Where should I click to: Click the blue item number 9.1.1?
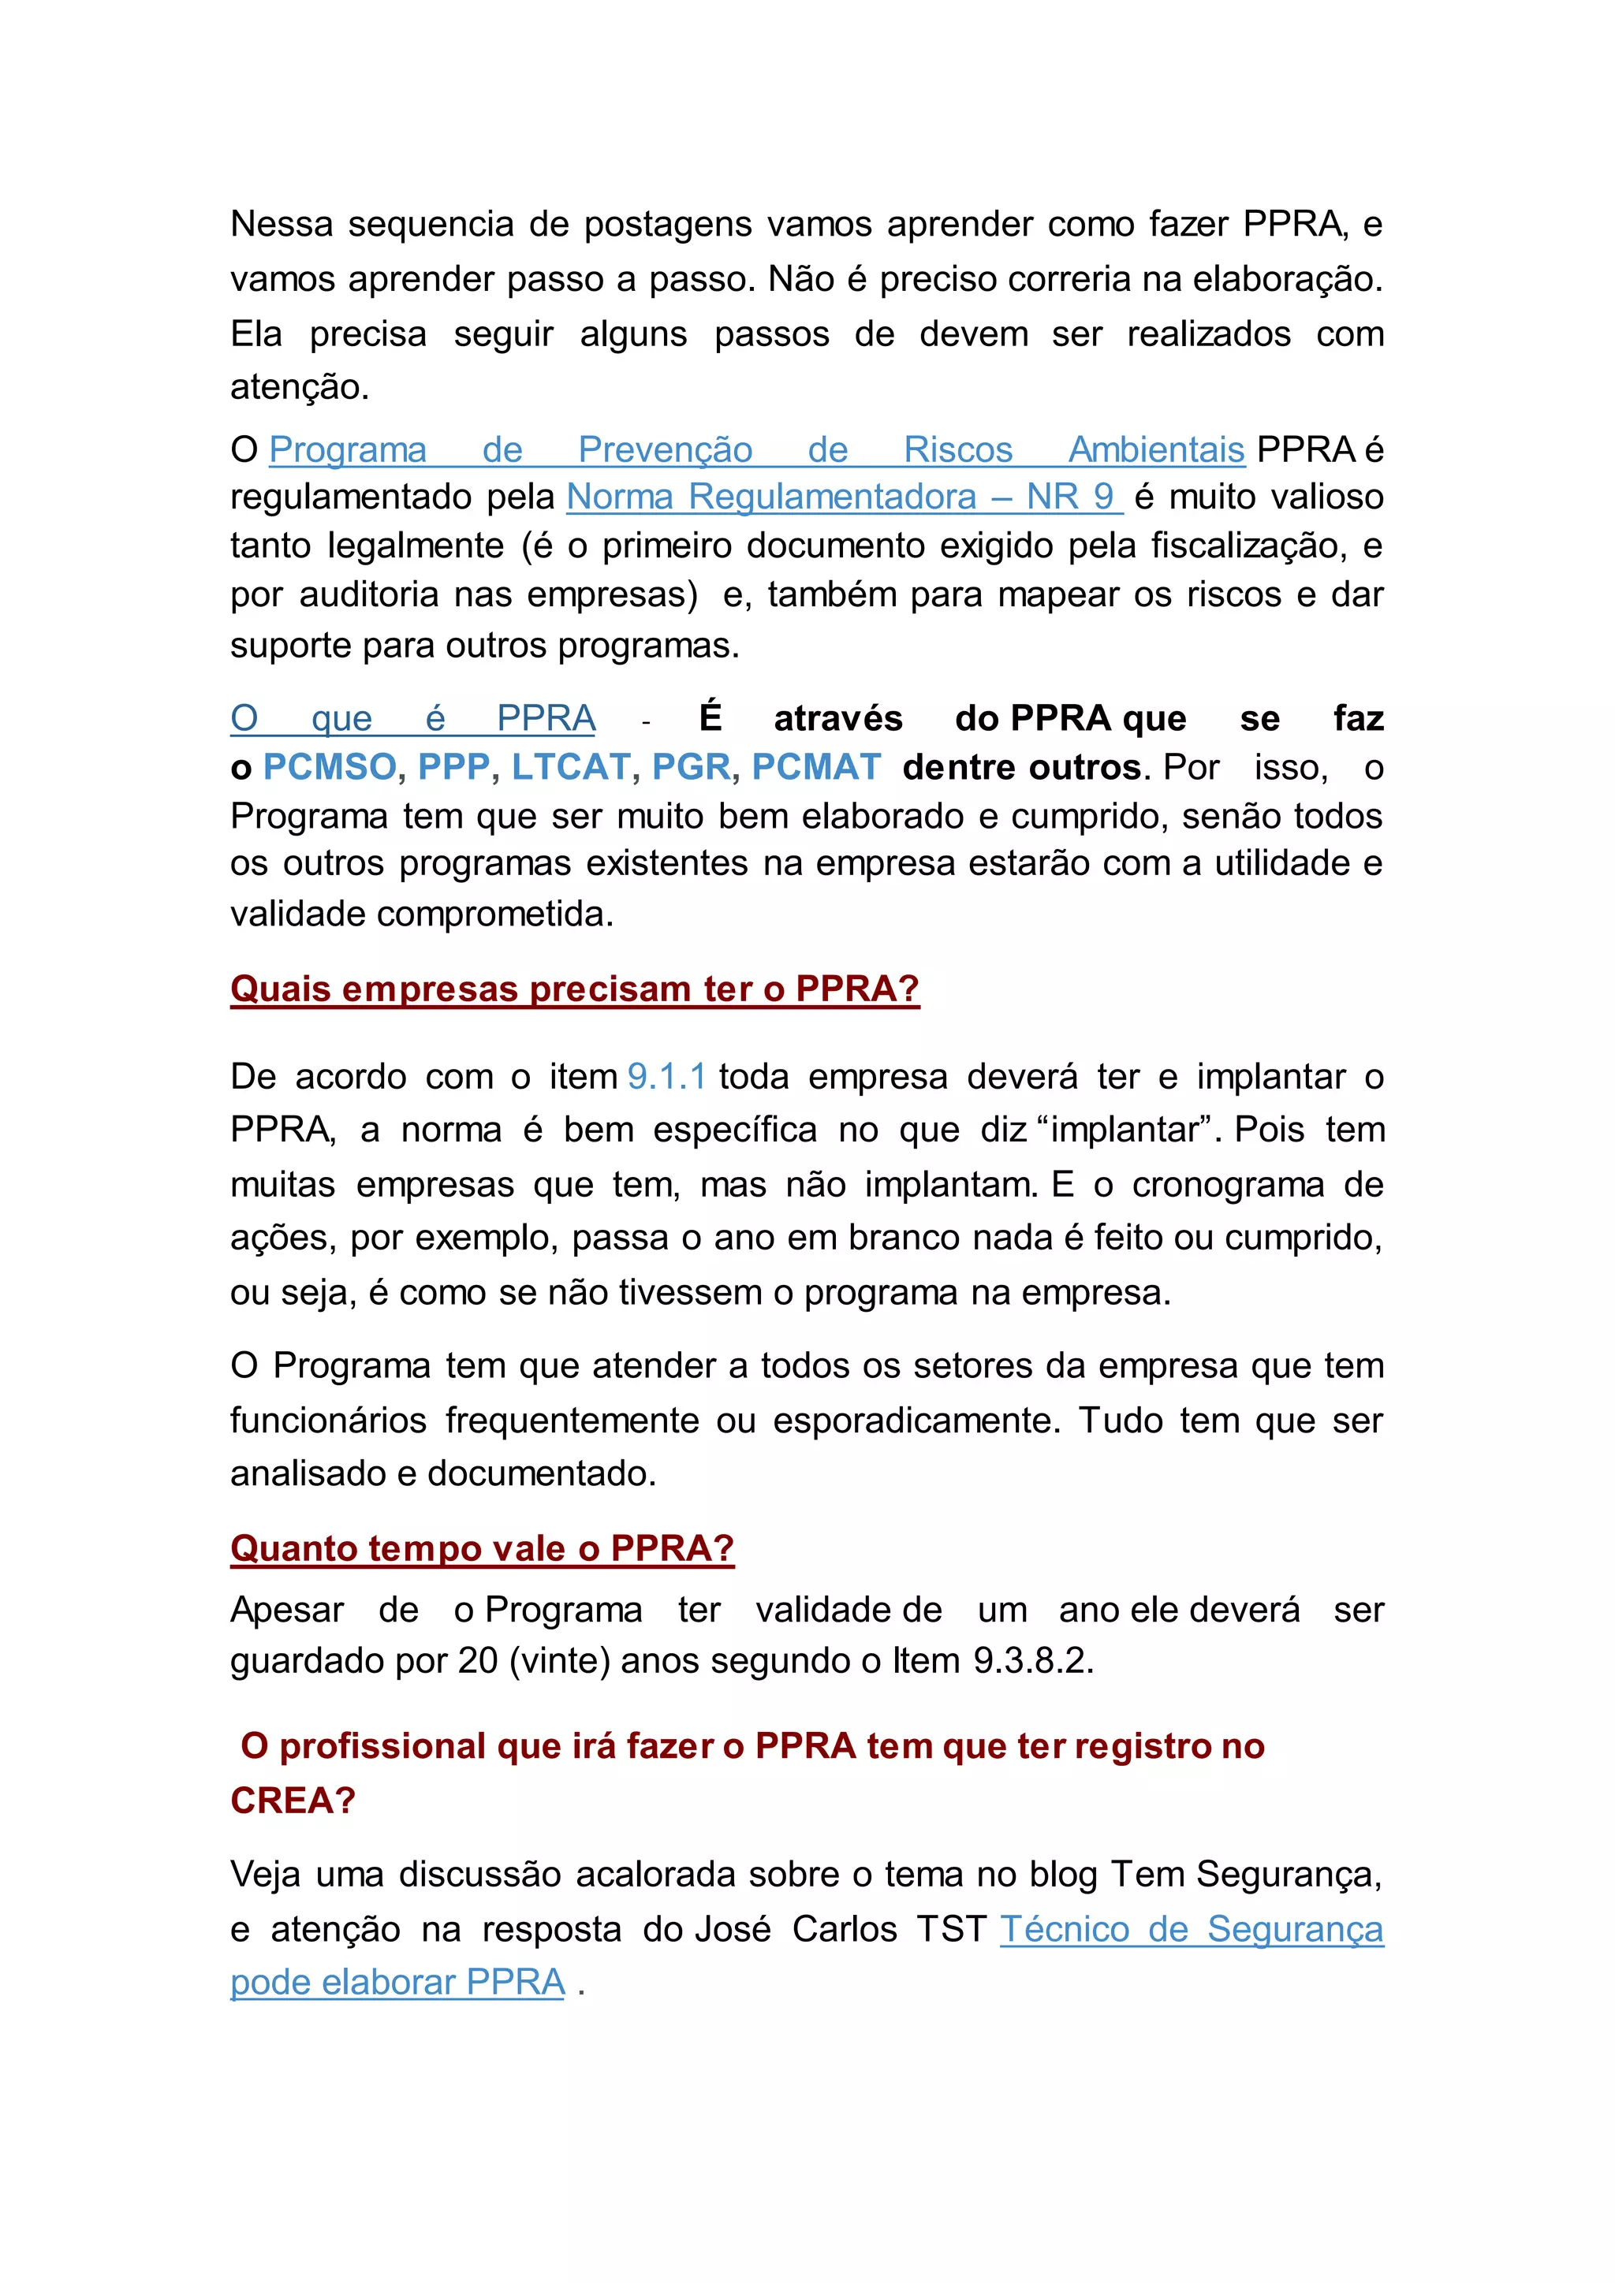point(666,1076)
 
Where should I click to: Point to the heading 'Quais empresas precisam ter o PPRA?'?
point(575,989)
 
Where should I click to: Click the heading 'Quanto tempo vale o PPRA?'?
point(483,1548)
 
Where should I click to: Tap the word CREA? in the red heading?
point(293,1800)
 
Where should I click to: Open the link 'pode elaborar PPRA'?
point(397,1982)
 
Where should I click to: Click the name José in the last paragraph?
point(732,1929)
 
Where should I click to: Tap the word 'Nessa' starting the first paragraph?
point(282,224)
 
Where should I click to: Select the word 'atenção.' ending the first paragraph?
point(300,387)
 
